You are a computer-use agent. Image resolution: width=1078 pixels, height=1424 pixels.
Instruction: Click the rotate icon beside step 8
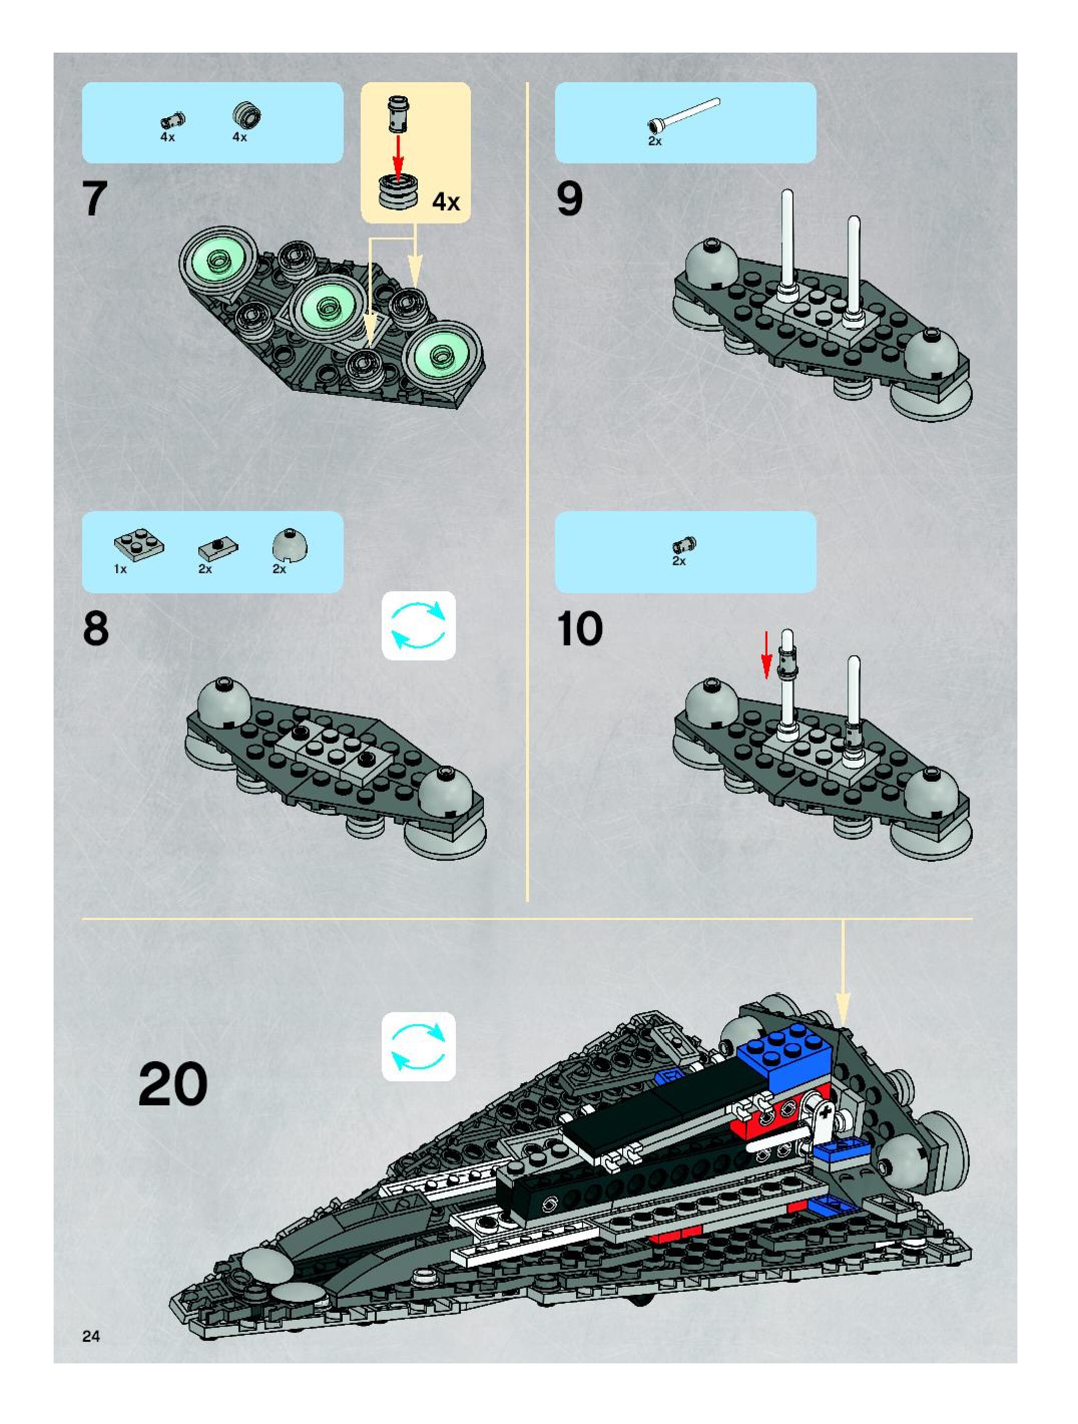[x=418, y=625]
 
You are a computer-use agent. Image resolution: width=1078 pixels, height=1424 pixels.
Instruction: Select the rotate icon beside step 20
[x=418, y=1047]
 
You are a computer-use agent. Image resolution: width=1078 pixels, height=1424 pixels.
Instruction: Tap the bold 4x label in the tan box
[x=446, y=202]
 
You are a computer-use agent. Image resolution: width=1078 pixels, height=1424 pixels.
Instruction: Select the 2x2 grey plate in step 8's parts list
[x=138, y=545]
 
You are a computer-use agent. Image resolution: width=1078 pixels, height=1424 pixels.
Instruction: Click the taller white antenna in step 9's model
[x=786, y=245]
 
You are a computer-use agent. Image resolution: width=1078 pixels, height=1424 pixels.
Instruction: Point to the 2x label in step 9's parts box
[x=655, y=141]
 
